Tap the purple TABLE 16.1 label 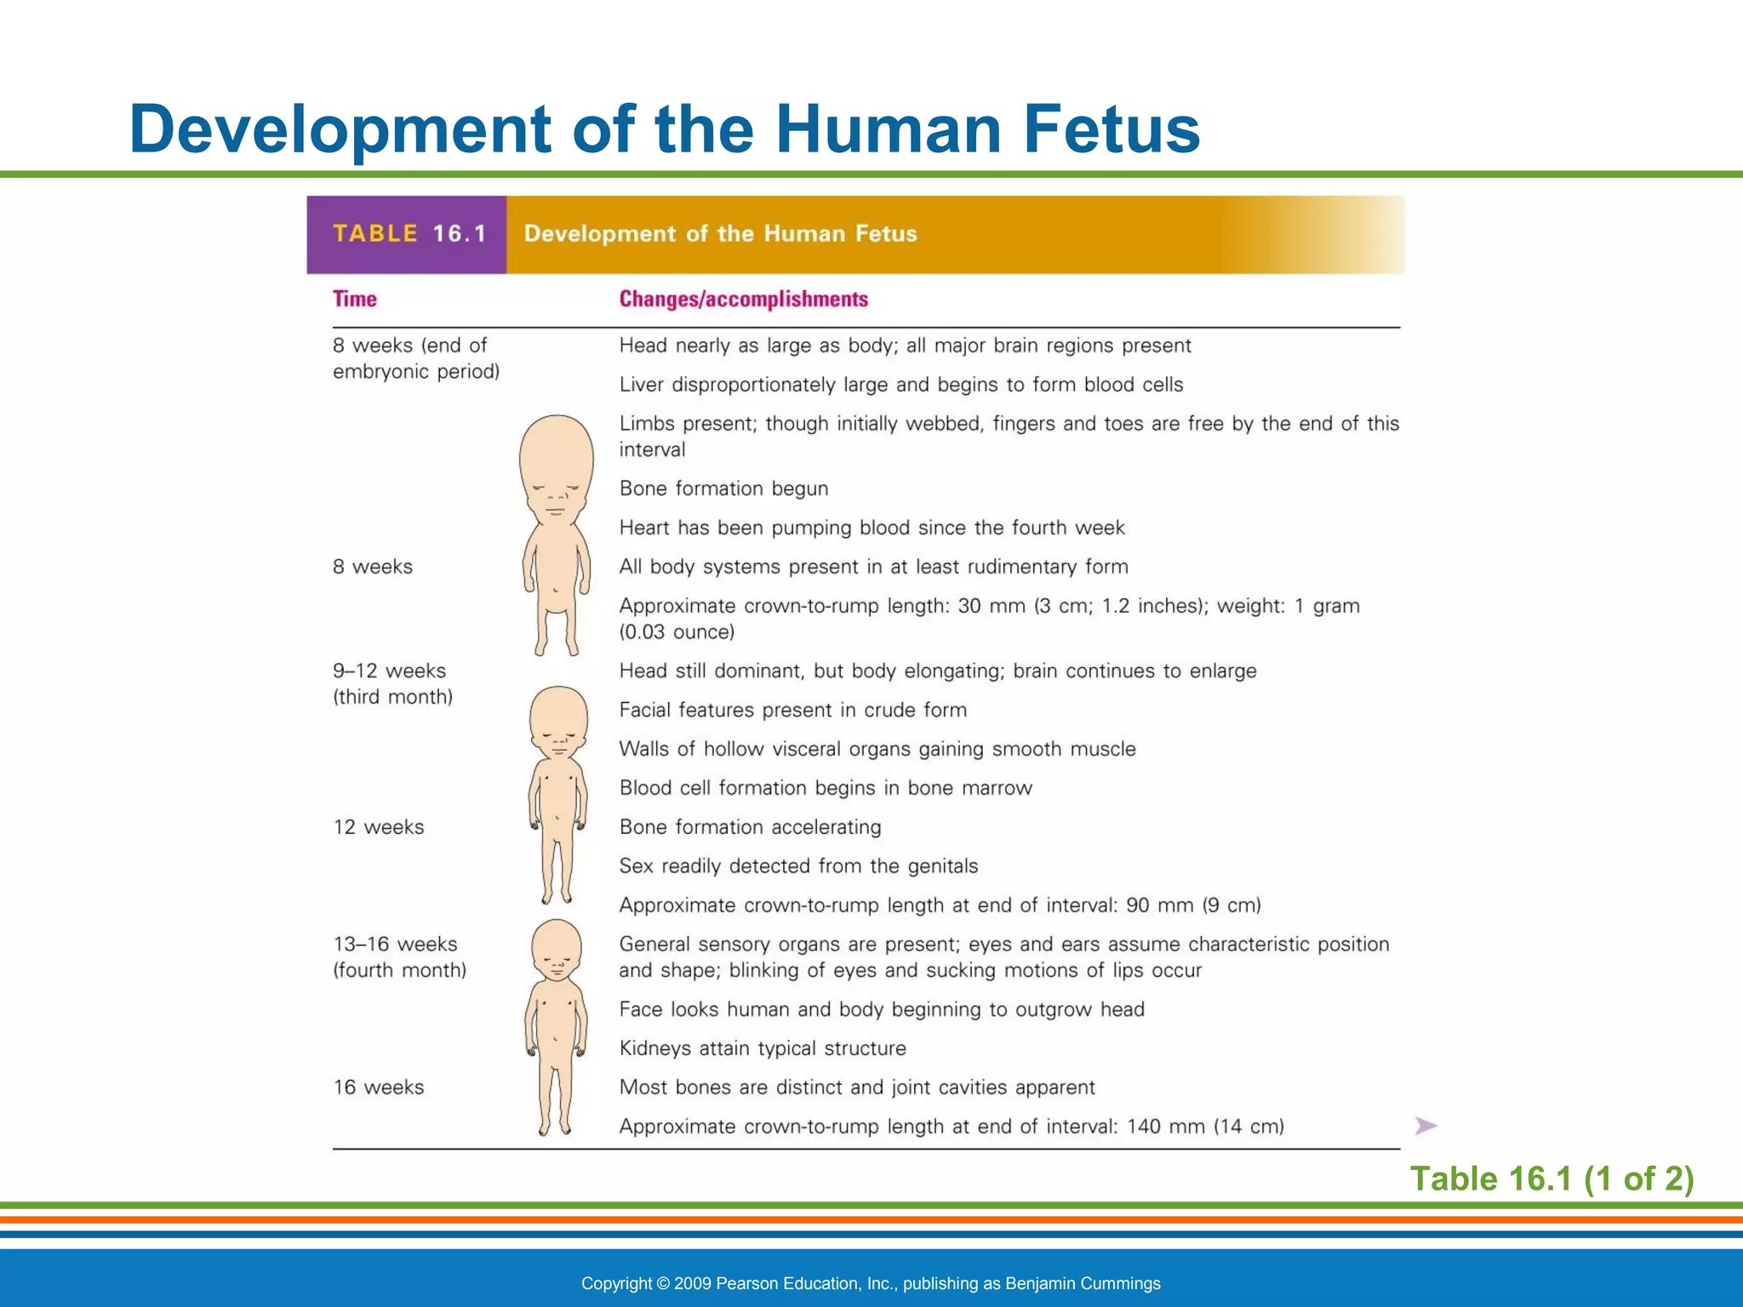[409, 234]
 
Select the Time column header [354, 300]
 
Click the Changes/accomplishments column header [743, 300]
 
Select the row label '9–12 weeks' [389, 671]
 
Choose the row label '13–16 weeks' [395, 945]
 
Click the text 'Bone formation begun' [723, 488]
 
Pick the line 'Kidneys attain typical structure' [763, 1048]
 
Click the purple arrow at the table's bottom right [1426, 1127]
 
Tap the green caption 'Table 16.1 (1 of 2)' [1552, 1179]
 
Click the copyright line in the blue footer [871, 1283]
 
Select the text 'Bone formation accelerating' [750, 827]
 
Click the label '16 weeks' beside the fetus [378, 1087]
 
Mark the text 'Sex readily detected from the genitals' [798, 866]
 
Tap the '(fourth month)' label [399, 971]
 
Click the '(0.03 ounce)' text [677, 632]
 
